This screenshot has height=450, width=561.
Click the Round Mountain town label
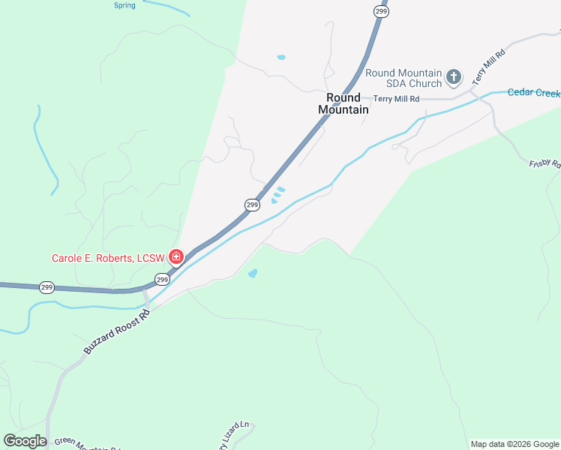coord(343,103)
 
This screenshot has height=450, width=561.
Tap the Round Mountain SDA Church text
coord(403,78)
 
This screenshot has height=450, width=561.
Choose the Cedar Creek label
coord(533,92)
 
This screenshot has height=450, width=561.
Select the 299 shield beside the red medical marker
coord(162,279)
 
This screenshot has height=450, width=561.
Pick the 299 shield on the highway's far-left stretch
coord(46,287)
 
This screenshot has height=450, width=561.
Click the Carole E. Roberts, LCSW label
coord(108,258)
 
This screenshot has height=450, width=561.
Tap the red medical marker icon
coord(176,257)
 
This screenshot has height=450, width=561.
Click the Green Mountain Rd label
coord(86,445)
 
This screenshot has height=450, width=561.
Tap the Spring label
coord(124,5)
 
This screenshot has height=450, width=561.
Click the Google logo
coord(25,441)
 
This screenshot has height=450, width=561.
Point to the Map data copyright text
coord(514,444)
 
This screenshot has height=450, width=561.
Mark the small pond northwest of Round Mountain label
coord(281,57)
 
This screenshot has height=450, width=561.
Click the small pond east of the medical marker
coord(253,273)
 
